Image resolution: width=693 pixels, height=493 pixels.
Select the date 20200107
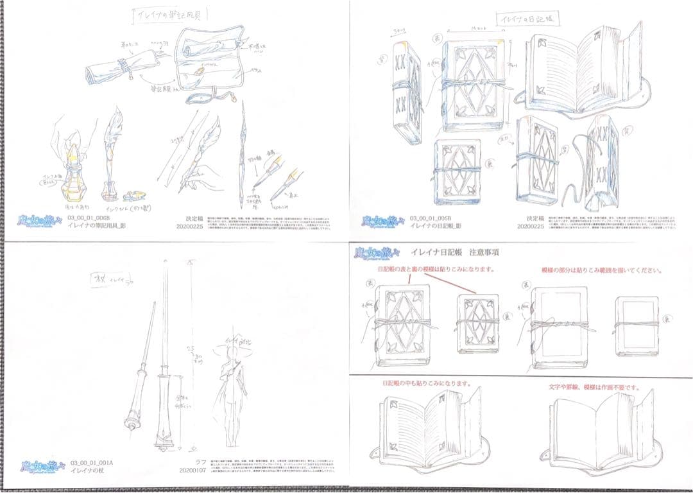point(192,471)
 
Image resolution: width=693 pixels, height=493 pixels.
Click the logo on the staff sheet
point(40,466)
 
